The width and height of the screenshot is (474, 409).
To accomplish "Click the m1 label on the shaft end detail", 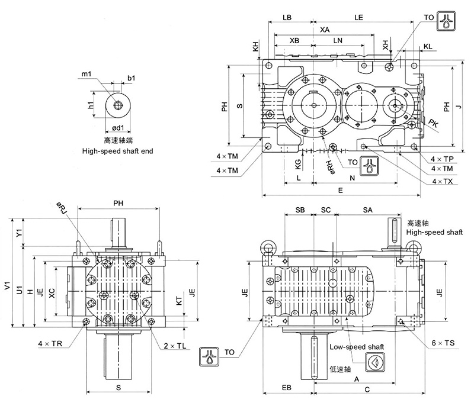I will tap(86, 73).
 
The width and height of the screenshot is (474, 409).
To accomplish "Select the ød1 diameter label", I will tap(118, 127).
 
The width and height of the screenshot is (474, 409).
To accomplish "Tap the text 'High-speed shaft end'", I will tap(117, 152).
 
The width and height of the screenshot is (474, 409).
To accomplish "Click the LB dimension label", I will tap(287, 18).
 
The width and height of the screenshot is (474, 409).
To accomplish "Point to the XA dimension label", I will tap(325, 29).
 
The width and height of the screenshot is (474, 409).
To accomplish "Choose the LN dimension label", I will tap(338, 40).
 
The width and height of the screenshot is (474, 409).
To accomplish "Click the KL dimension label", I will tap(427, 46).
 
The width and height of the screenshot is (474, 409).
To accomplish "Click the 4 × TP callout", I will tap(441, 160).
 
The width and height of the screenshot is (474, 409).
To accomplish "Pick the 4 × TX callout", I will tap(442, 181).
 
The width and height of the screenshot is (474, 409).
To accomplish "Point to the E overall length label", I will tap(340, 191).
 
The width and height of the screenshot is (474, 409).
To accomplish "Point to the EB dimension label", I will tap(286, 388).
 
